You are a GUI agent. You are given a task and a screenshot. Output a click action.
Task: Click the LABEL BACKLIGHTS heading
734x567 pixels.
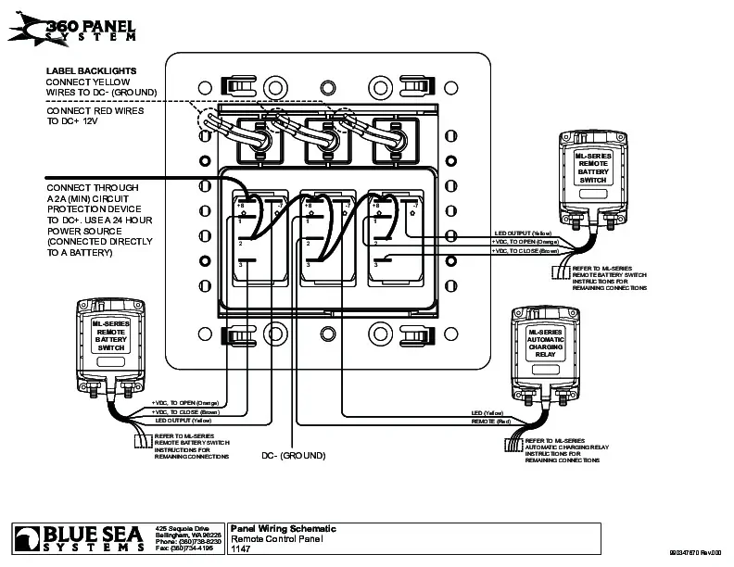click(92, 70)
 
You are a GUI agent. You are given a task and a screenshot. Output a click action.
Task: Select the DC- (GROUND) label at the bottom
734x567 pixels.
click(293, 456)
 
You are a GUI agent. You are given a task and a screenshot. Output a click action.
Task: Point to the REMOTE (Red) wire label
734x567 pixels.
click(491, 422)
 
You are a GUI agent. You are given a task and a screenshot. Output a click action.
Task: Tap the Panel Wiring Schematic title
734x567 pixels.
click(283, 528)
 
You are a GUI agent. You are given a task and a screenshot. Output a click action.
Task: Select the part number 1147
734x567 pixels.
click(240, 548)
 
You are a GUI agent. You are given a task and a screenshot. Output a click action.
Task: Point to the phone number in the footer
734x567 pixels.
click(188, 541)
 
